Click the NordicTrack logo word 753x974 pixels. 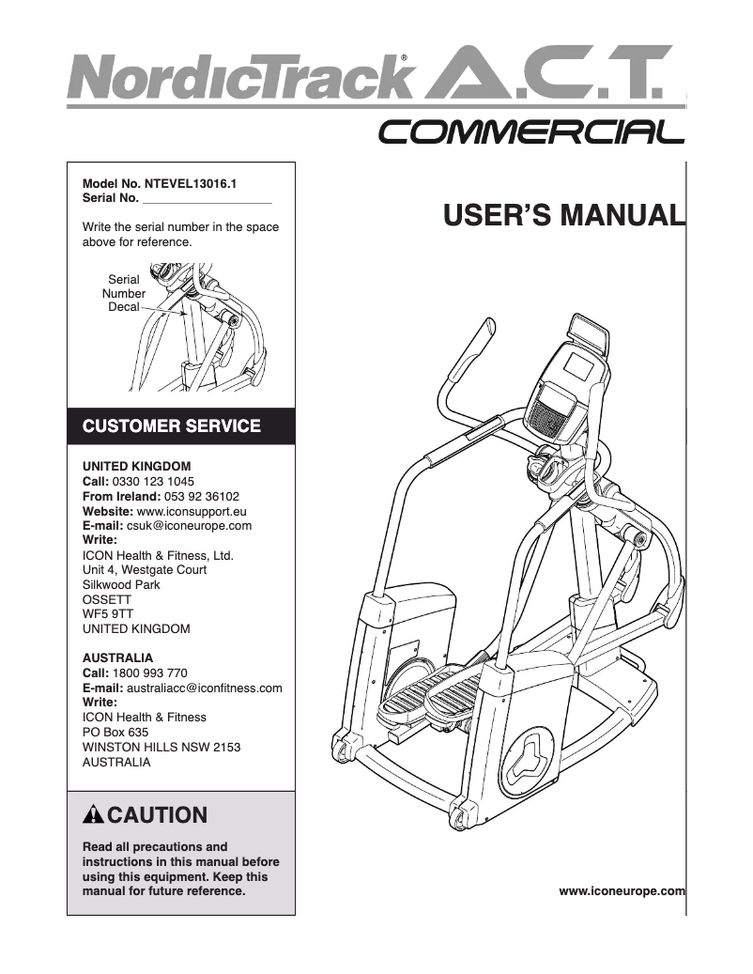pos(239,77)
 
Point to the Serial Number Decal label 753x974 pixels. pos(124,293)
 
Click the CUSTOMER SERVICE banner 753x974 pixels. pos(172,426)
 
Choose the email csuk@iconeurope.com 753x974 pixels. pos(189,526)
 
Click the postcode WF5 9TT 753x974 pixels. pos(102,614)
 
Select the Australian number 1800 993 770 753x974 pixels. pos(150,673)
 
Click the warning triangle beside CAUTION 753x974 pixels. pos(94,814)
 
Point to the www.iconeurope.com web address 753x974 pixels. pos(622,889)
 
